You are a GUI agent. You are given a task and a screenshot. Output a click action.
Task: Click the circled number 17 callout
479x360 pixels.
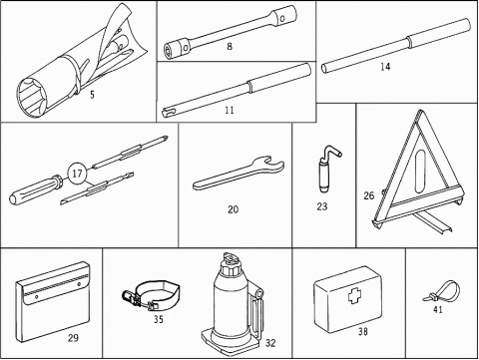click(77, 174)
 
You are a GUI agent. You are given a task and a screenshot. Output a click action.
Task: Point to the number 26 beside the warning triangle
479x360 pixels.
click(369, 195)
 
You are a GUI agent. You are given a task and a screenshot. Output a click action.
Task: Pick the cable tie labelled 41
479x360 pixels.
click(441, 291)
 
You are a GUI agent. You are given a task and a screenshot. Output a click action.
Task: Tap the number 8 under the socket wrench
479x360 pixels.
click(230, 47)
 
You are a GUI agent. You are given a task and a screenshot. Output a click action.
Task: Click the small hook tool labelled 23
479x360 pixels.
click(327, 169)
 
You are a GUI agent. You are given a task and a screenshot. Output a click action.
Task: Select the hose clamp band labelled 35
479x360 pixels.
click(152, 295)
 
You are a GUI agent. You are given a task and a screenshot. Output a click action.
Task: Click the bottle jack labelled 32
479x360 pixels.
click(233, 303)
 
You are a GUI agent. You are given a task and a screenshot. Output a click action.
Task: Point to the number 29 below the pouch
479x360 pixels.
click(73, 338)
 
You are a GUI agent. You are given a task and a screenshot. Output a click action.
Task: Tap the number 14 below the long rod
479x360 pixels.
click(385, 67)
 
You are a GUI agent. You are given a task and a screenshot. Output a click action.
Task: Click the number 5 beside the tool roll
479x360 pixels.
click(92, 95)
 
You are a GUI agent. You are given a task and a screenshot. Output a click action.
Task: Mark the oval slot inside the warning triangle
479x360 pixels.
click(420, 172)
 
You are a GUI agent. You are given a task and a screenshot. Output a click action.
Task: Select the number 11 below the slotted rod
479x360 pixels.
click(230, 110)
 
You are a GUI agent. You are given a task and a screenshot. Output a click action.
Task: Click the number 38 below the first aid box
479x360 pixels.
click(363, 331)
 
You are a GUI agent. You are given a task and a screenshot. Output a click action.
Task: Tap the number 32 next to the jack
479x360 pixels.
click(270, 343)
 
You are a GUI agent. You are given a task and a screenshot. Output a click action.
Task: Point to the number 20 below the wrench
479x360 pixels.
click(233, 209)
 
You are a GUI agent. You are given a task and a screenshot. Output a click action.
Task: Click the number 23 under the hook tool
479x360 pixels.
click(322, 206)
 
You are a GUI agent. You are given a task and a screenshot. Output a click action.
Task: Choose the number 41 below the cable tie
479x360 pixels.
click(438, 309)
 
